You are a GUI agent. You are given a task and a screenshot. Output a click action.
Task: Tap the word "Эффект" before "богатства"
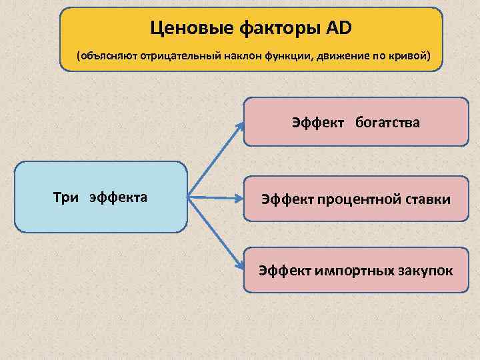coord(317,122)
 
